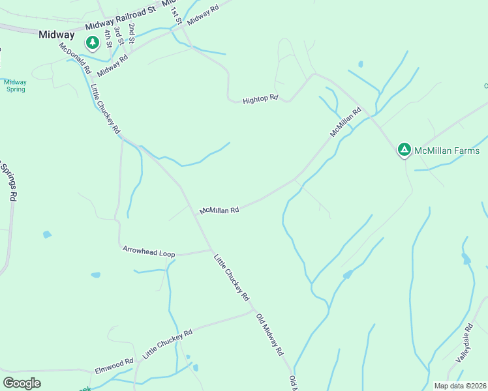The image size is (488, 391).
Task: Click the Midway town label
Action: pos(56,35)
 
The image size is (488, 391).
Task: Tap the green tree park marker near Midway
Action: pos(93,43)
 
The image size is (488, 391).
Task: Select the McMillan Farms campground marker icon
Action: pos(404,151)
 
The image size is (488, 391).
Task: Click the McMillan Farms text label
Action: pos(448,151)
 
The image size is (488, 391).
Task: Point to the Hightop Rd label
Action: pos(260,99)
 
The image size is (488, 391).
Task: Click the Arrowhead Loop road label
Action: pos(149,251)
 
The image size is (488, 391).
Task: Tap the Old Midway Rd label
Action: pos(270,334)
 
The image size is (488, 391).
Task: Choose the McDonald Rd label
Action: pos(74,58)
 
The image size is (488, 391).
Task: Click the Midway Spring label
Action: pos(15,85)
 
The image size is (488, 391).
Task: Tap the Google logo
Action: pos(22,383)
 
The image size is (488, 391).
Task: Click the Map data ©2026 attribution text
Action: pos(460,386)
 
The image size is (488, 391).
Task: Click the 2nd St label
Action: pos(132,33)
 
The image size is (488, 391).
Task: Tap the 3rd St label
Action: pos(117,34)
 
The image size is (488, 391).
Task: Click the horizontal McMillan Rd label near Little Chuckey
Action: pos(219,210)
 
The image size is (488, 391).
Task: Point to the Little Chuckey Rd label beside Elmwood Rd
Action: pos(168,344)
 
